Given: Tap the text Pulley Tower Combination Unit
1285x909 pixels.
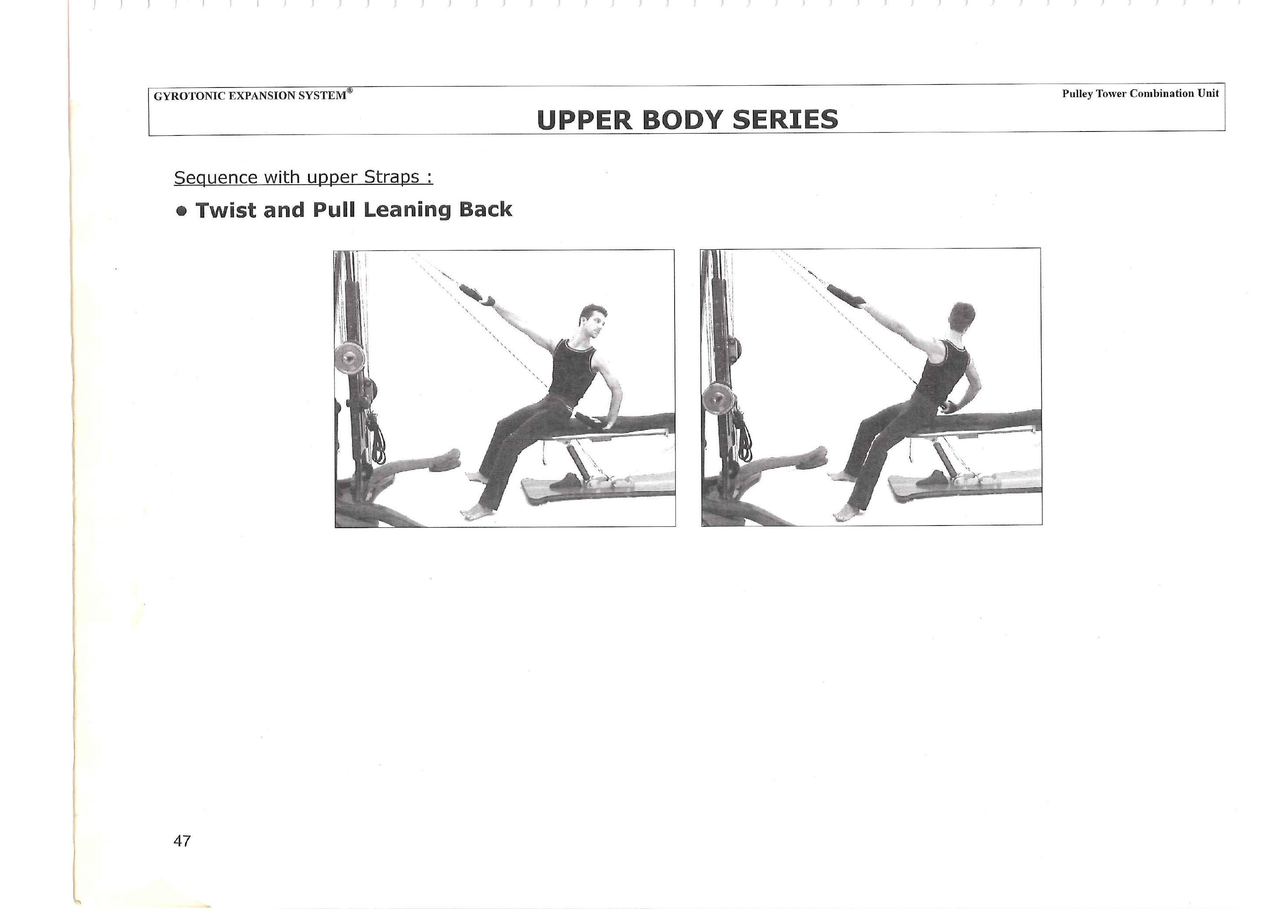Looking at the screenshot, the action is tap(1140, 94).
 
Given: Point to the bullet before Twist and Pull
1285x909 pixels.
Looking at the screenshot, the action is tap(181, 211).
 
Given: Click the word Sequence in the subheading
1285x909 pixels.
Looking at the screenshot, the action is tap(216, 178).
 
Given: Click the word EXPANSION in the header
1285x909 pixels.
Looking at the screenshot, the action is tap(260, 96).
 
